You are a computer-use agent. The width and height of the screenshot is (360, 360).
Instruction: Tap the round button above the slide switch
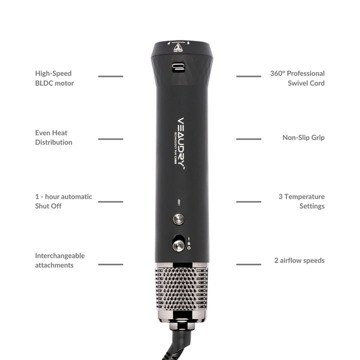(178, 219)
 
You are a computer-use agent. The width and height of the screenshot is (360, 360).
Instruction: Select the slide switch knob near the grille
(177, 245)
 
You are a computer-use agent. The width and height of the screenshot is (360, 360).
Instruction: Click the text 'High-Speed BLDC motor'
(54, 78)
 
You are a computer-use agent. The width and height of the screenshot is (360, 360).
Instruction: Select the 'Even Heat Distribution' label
(53, 137)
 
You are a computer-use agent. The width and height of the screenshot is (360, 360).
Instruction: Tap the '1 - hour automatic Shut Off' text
(63, 201)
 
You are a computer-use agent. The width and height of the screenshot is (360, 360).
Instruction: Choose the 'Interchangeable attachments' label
(59, 260)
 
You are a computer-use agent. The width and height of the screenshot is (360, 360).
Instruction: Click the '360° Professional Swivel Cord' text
(297, 78)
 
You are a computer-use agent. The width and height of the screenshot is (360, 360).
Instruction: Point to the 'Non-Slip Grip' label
(303, 137)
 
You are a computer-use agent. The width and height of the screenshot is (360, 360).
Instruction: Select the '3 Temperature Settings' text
(301, 201)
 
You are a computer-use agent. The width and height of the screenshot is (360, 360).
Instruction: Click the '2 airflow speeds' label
(299, 260)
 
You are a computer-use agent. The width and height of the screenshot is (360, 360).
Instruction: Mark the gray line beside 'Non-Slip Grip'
(248, 138)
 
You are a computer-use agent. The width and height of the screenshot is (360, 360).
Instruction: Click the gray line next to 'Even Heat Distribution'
(110, 138)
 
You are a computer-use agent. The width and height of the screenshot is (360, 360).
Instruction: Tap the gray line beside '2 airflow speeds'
(248, 264)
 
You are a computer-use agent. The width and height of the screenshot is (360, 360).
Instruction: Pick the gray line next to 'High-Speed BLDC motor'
(110, 76)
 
